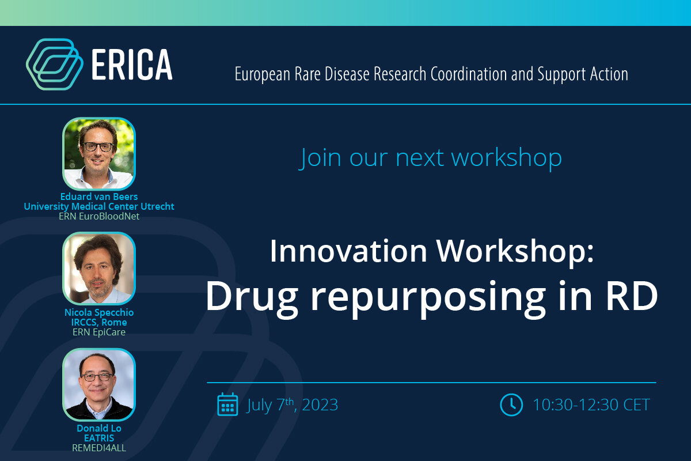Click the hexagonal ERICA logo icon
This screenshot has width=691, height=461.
pos(51,63)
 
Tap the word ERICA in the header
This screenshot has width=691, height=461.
pos(132,65)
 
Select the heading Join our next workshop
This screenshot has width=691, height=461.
pos(431,157)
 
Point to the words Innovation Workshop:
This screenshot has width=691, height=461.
pos(431,251)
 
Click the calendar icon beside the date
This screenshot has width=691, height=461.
pos(227,404)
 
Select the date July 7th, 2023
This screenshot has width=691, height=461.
pos(292,405)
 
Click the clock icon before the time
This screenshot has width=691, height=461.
pos(511,404)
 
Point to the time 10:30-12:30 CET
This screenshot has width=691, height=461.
pos(591,405)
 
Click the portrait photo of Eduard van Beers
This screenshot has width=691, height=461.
pos(99,154)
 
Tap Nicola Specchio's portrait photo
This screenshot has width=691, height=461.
pos(99,269)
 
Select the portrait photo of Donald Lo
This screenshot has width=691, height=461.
pos(99,384)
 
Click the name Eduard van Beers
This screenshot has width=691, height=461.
pos(99,197)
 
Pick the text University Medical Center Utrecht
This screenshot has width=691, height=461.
pos(99,206)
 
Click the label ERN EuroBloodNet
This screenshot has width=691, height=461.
pos(99,216)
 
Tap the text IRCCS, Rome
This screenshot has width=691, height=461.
pos(99,322)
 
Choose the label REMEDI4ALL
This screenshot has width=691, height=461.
pos(99,447)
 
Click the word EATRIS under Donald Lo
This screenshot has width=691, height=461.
pos(99,438)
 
